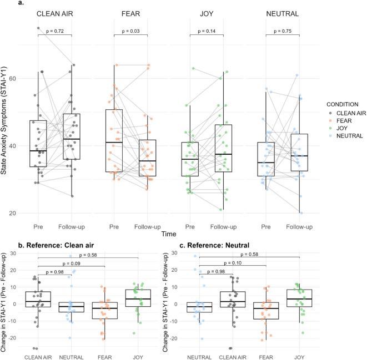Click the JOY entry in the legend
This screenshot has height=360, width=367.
tap(341, 127)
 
